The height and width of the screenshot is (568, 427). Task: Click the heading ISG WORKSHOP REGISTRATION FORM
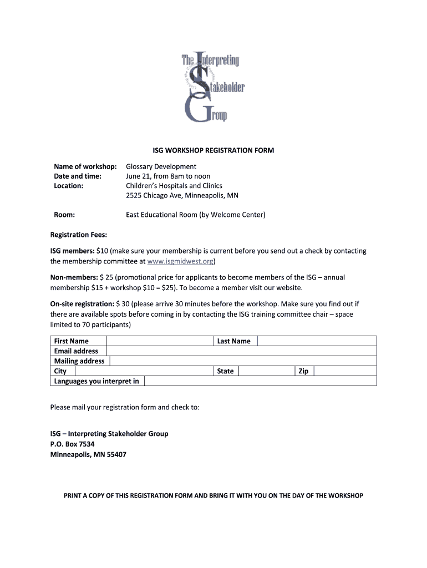coord(213,150)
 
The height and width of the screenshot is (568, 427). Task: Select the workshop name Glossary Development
coord(161,166)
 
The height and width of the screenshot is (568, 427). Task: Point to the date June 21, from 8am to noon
coord(168,176)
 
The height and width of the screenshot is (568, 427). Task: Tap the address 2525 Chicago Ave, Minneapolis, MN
coord(182,195)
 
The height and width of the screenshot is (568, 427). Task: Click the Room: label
coord(64,215)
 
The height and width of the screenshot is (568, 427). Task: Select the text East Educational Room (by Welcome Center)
coord(195,215)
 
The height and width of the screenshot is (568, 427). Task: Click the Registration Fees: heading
coord(79,235)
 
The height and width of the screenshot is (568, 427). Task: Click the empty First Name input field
coord(160,341)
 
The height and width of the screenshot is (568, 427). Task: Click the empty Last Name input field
coord(317,341)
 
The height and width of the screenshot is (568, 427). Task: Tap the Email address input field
coord(241,351)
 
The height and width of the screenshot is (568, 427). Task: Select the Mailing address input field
coord(243,361)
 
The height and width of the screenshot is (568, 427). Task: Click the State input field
coord(266,371)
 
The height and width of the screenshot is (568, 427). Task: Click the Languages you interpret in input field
coord(260,381)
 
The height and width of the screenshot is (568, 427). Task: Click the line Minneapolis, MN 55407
coord(88,454)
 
